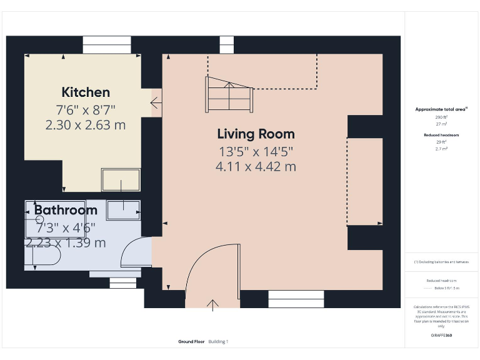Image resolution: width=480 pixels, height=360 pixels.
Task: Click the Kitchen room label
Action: click(x=86, y=92)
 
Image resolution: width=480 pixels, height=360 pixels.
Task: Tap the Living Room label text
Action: click(x=256, y=134)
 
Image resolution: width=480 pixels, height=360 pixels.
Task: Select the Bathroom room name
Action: click(x=66, y=210)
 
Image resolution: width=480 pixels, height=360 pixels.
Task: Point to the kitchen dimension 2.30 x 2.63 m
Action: click(x=86, y=125)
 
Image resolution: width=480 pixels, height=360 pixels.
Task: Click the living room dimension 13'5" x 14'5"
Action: click(x=256, y=151)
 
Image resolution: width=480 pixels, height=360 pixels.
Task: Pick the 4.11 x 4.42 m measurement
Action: click(x=256, y=167)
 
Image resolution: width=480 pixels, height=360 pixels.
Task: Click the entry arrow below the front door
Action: click(x=212, y=305)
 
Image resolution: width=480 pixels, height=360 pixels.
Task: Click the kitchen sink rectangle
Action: click(x=121, y=179)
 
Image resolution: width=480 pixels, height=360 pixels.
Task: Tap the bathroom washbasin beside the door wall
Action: click(x=123, y=211)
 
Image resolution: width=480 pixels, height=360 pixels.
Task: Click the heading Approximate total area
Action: click(x=441, y=109)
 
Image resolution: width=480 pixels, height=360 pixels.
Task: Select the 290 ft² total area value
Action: click(x=441, y=117)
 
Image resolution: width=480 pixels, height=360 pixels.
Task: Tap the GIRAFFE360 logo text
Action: click(x=441, y=336)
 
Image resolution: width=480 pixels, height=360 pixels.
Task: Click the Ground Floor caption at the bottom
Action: click(x=191, y=342)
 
